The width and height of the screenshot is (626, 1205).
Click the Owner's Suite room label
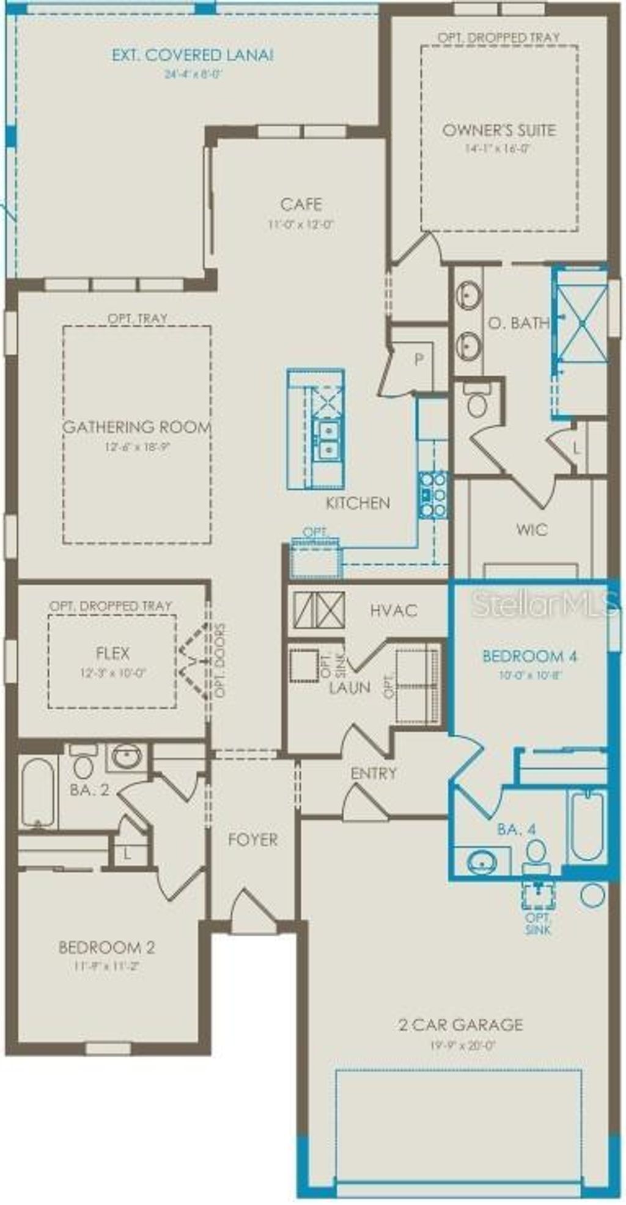(x=499, y=130)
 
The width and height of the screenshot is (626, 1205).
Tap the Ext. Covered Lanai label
(x=192, y=55)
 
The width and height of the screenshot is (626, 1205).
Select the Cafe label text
(x=301, y=204)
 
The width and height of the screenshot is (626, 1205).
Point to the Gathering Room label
(x=138, y=427)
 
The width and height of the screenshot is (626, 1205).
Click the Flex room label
(x=113, y=653)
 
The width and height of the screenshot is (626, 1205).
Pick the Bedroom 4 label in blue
(x=530, y=657)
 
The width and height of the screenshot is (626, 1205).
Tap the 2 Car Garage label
(x=461, y=1024)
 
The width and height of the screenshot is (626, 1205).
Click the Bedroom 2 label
(x=106, y=947)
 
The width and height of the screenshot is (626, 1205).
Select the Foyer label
(x=252, y=840)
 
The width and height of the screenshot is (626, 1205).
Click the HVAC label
(x=394, y=610)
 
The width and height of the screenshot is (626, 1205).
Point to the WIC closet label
(x=532, y=530)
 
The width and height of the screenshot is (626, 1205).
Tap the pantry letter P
(x=419, y=359)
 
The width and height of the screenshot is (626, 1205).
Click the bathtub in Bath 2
(x=37, y=793)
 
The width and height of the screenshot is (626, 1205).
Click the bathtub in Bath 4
(x=587, y=825)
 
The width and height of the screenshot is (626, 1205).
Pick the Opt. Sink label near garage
(x=538, y=924)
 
